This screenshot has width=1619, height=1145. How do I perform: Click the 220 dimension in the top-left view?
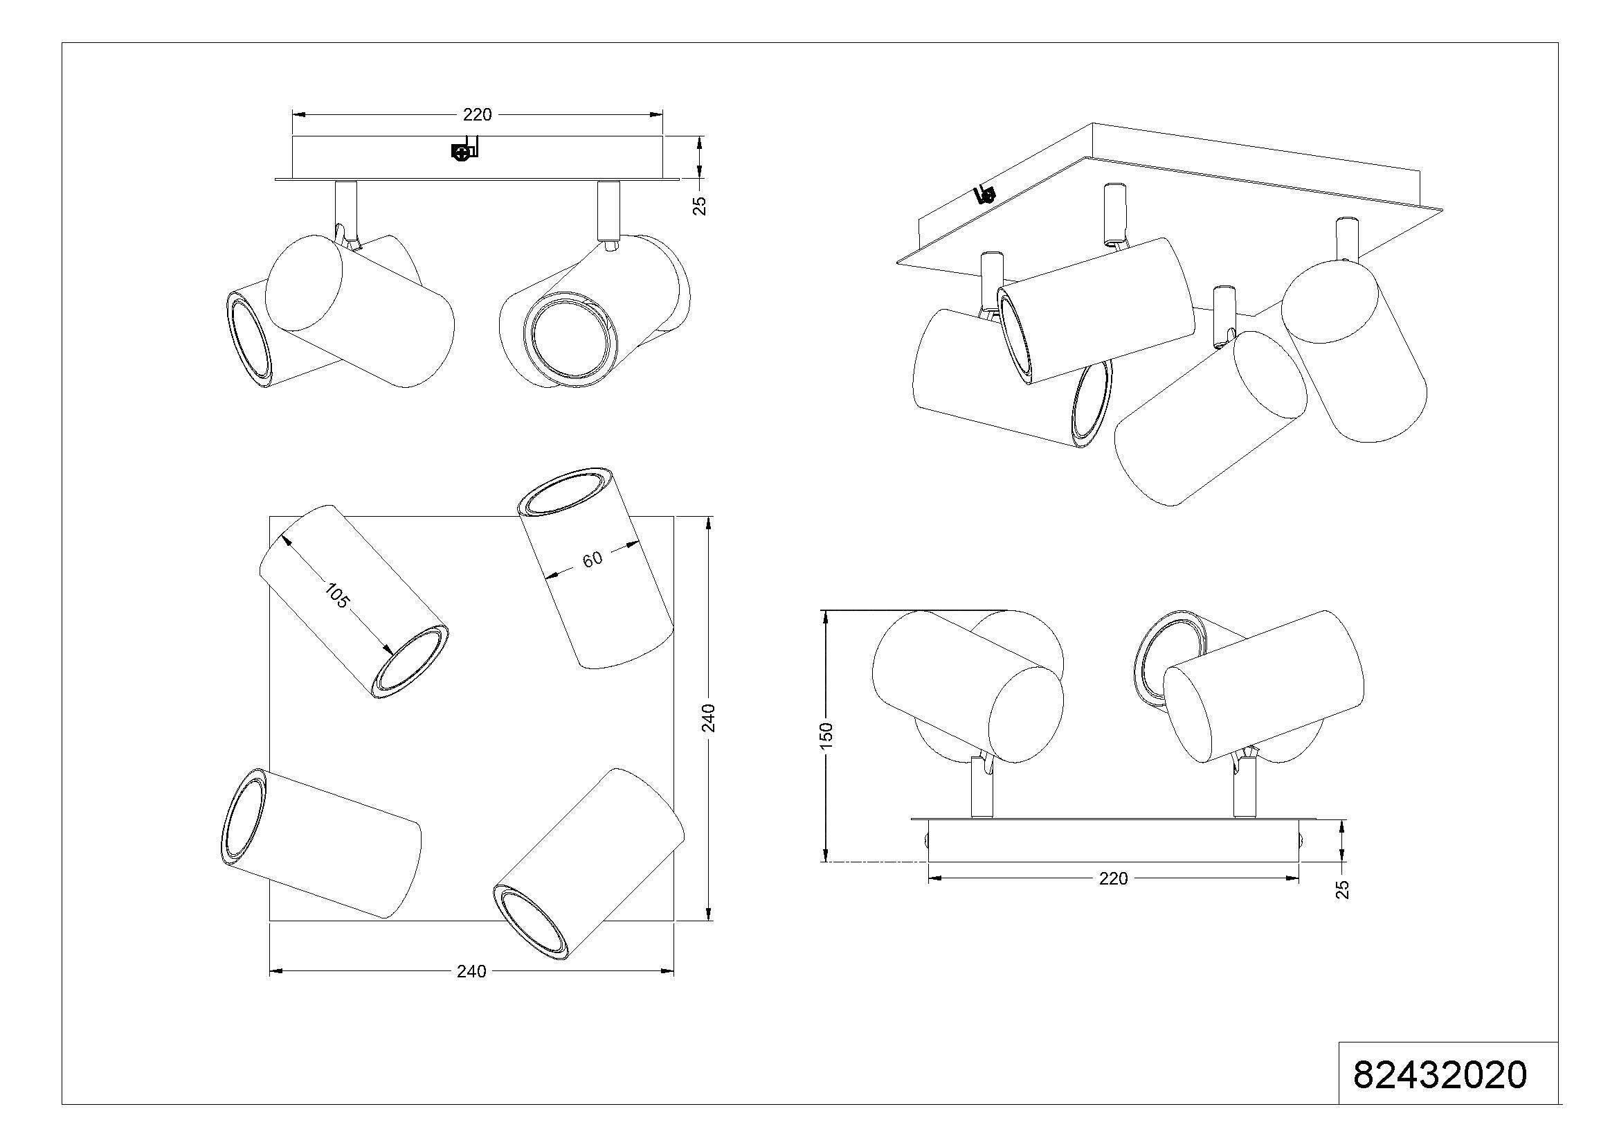(477, 114)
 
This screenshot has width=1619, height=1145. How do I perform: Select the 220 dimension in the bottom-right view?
(1114, 878)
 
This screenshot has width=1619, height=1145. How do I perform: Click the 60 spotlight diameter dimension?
(593, 558)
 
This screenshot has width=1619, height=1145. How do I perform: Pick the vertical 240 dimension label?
(709, 718)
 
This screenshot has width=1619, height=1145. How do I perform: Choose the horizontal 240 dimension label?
(471, 971)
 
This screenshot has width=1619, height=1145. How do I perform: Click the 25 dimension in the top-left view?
(700, 205)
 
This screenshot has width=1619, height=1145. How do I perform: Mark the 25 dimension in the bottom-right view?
(1343, 889)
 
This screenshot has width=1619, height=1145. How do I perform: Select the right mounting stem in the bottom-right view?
(1242, 794)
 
